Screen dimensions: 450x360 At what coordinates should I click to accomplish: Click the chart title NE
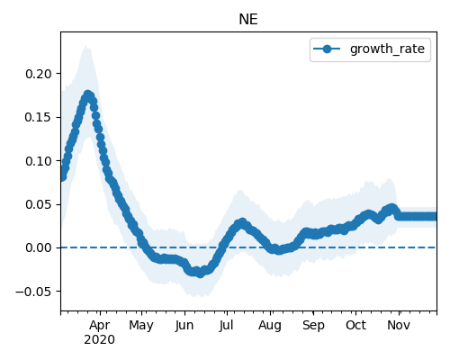click(248, 20)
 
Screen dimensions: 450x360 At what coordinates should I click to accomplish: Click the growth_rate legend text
click(387, 49)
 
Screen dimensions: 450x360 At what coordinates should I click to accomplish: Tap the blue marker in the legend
click(327, 49)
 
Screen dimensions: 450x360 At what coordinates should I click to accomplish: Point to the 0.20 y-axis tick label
click(39, 74)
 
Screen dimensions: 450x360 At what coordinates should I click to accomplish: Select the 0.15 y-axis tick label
click(39, 117)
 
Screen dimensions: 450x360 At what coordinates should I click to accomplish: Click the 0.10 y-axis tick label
click(39, 161)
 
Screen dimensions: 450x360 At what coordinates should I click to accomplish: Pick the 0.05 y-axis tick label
click(39, 204)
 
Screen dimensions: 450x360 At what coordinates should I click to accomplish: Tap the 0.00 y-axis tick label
click(39, 247)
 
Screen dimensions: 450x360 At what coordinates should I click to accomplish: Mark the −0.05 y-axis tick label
click(34, 292)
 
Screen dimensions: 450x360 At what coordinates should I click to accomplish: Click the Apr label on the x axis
click(100, 325)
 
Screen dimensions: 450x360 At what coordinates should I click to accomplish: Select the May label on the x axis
click(141, 326)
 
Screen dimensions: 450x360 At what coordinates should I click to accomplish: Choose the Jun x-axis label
click(184, 325)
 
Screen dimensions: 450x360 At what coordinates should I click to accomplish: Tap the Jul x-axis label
click(226, 325)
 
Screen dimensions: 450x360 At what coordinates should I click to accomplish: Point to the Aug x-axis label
click(270, 326)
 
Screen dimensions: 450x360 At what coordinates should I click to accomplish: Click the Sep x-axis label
click(313, 326)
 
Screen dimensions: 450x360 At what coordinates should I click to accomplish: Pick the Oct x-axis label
click(355, 325)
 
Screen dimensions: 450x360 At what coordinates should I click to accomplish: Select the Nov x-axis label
click(399, 325)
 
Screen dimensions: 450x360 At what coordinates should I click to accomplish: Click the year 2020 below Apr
click(99, 339)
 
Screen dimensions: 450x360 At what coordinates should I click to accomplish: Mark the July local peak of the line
click(242, 223)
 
